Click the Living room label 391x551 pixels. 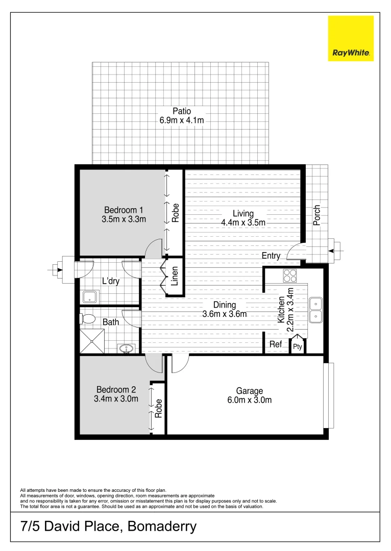(x=243, y=213)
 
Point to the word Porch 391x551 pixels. (x=317, y=216)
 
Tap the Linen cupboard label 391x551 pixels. (x=175, y=280)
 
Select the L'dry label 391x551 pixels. (x=111, y=281)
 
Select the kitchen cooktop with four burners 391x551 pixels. (x=290, y=275)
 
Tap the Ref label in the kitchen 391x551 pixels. (x=276, y=345)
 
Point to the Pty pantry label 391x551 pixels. (x=297, y=347)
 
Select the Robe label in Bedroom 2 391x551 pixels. (x=159, y=408)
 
